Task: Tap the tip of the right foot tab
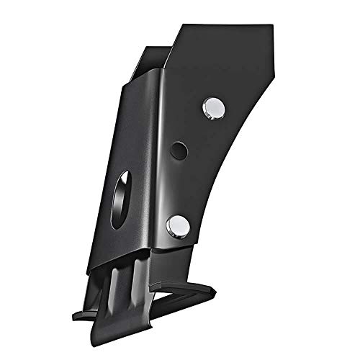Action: click(x=215, y=290)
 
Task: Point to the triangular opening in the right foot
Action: click(x=176, y=295)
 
